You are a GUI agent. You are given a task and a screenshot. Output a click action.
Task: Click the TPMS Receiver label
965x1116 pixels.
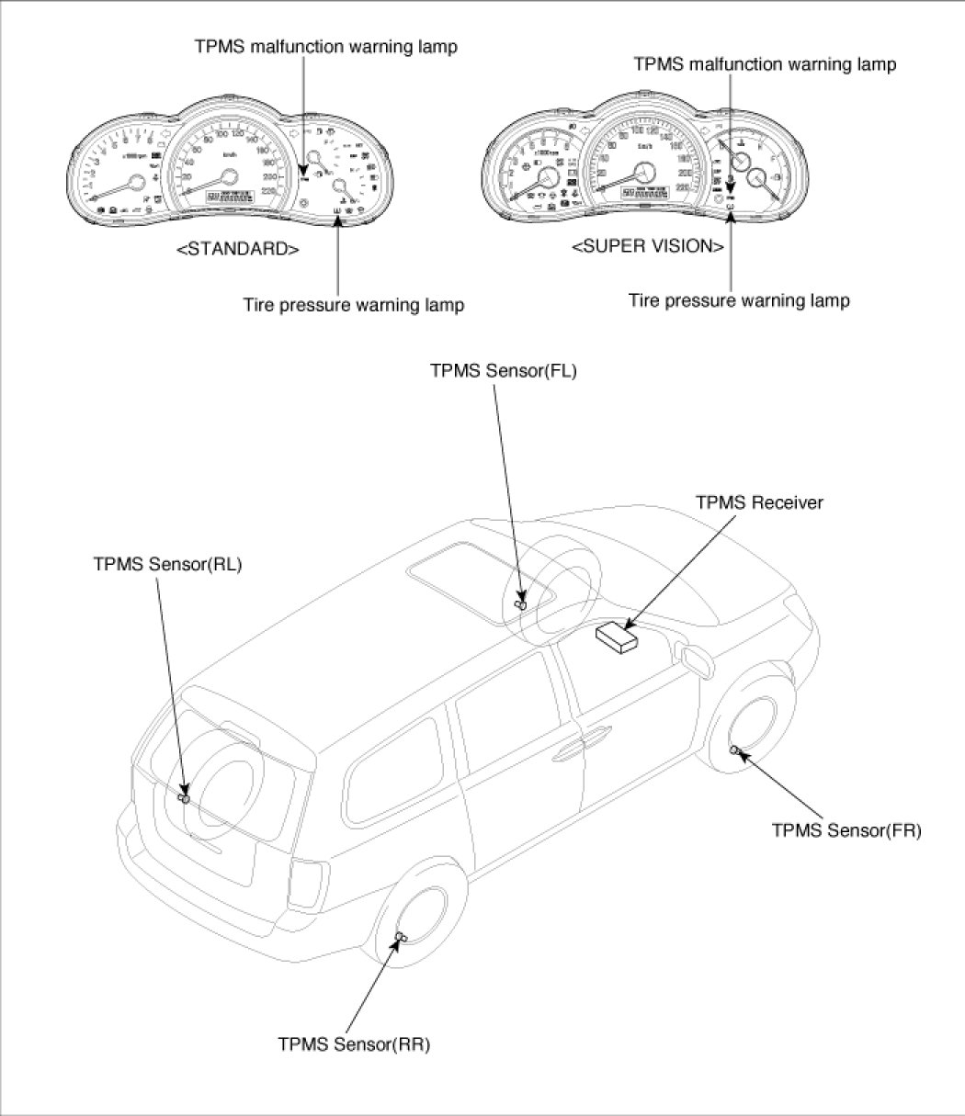(x=759, y=502)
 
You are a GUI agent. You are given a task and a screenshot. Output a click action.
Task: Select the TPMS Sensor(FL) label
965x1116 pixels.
(x=503, y=371)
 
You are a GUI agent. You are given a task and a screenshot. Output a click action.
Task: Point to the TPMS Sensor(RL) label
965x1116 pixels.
(x=167, y=565)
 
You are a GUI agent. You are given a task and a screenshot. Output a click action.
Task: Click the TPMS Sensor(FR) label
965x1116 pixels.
(x=846, y=830)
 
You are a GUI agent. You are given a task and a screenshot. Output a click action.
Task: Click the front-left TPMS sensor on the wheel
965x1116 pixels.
(x=520, y=603)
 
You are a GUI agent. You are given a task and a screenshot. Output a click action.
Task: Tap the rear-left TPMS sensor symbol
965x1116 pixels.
(x=184, y=798)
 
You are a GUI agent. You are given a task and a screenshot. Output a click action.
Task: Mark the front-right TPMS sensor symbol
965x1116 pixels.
(x=735, y=751)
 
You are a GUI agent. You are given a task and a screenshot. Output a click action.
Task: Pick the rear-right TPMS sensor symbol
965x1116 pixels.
(x=400, y=936)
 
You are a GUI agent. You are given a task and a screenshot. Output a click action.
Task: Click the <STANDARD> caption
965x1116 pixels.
(x=237, y=249)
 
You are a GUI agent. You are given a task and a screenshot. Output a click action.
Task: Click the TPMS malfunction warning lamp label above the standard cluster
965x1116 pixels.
(x=325, y=47)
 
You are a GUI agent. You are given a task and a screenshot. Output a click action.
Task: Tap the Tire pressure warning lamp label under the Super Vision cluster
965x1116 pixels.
(x=739, y=300)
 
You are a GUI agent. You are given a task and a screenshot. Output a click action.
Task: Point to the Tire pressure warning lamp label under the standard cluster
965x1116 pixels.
(x=353, y=305)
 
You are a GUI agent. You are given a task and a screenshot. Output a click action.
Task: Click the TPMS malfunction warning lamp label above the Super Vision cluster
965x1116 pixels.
(x=766, y=64)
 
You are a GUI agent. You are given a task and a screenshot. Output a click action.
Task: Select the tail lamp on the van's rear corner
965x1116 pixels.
(x=310, y=882)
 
